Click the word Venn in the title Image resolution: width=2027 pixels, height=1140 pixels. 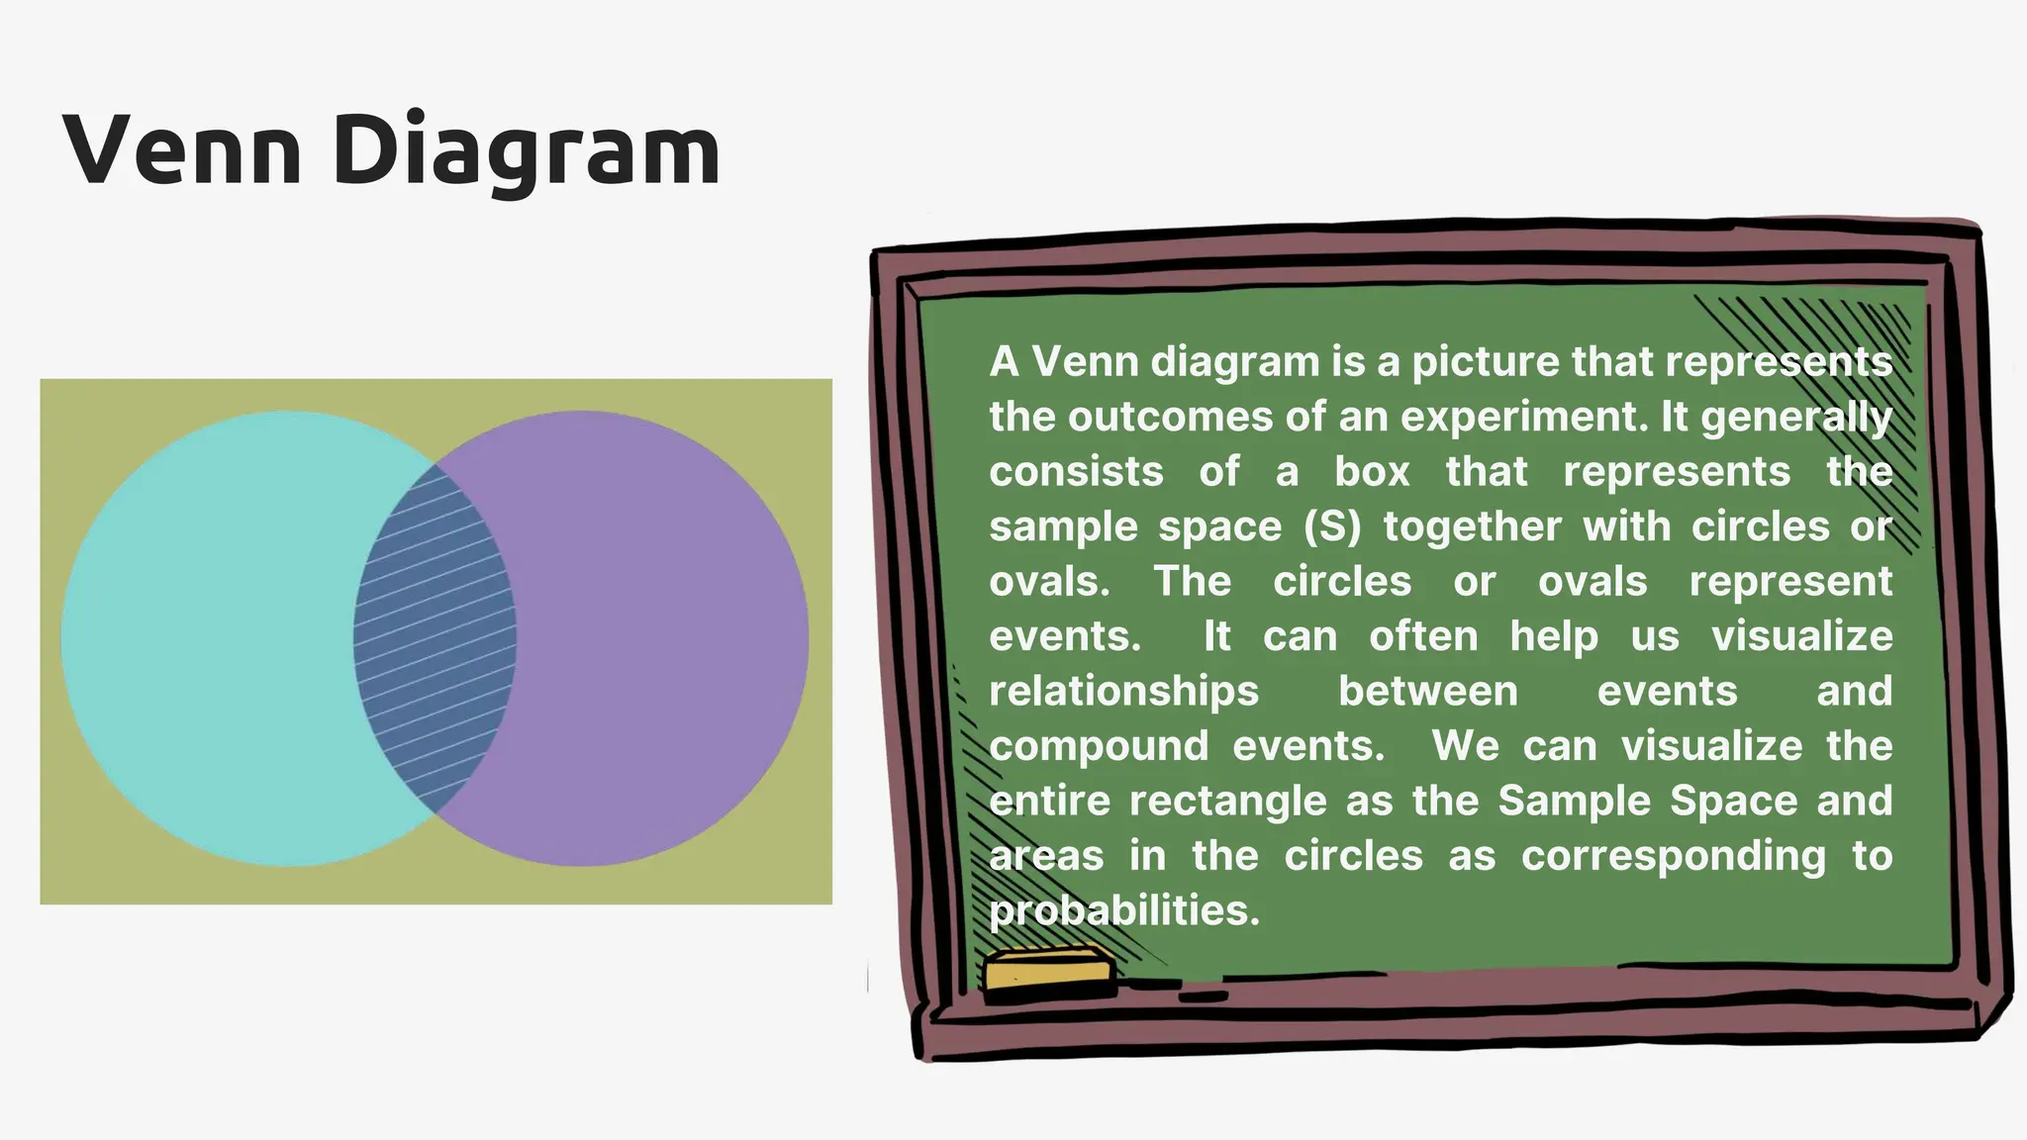point(182,150)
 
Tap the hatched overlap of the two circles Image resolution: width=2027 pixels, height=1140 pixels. point(435,638)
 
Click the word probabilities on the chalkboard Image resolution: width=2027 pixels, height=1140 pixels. point(1124,910)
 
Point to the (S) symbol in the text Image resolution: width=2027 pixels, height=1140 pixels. point(1333,526)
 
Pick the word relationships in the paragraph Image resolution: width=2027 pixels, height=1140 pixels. point(1124,691)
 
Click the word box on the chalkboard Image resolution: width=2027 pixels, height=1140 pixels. point(1372,471)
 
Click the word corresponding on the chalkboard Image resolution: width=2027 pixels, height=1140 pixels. point(1674,856)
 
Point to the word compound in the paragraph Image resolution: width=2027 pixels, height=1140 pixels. point(1100,746)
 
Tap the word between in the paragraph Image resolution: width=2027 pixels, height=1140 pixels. point(1428,691)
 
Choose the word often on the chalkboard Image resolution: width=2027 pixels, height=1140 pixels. point(1423,636)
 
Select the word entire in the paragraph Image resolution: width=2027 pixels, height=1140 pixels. point(1050,801)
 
